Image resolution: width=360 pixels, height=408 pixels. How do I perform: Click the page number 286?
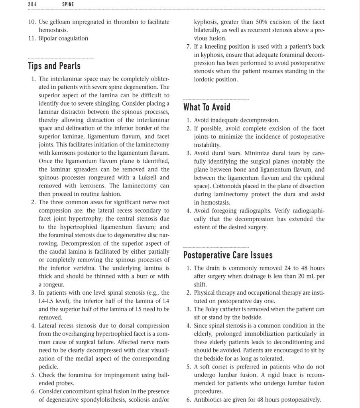32,4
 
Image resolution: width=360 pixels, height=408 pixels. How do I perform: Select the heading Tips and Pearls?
54,66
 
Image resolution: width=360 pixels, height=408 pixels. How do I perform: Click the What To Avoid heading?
207,107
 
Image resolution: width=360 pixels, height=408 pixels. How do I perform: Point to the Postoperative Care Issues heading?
228,255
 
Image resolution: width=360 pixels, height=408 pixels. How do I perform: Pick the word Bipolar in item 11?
48,38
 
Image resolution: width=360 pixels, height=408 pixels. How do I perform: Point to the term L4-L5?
47,301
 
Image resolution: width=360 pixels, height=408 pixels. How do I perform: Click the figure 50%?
264,22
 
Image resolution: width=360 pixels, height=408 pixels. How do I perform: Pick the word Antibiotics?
210,400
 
